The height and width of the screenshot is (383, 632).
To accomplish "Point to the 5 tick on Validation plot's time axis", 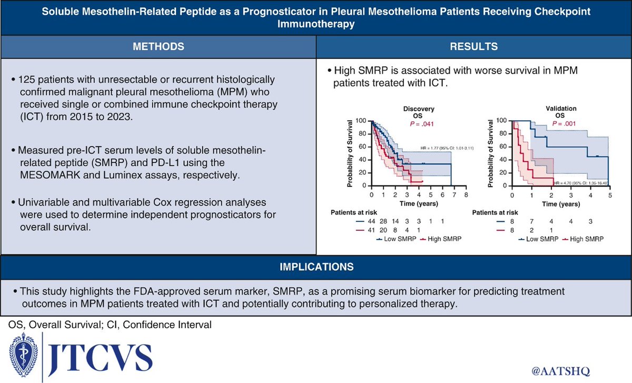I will tap(610, 194).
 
